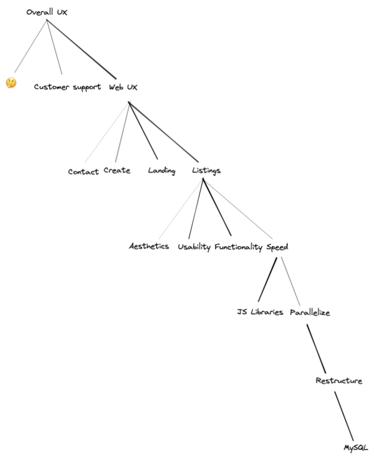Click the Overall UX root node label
pyautogui.click(x=47, y=12)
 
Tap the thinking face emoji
pyautogui.click(x=11, y=83)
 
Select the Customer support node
pyautogui.click(x=67, y=87)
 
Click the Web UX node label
pyautogui.click(x=123, y=87)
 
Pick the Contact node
pyautogui.click(x=84, y=172)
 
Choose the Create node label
pyautogui.click(x=117, y=171)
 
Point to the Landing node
pyautogui.click(x=161, y=171)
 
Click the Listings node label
pyautogui.click(x=206, y=171)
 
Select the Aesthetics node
pyautogui.click(x=149, y=247)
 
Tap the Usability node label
pyautogui.click(x=194, y=247)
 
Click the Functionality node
pyautogui.click(x=239, y=247)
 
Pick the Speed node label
pyautogui.click(x=277, y=247)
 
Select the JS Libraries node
pyautogui.click(x=260, y=312)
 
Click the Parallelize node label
pyautogui.click(x=310, y=312)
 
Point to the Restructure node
pyautogui.click(x=338, y=381)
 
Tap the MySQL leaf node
pyautogui.click(x=357, y=447)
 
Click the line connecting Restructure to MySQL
pyautogui.click(x=345, y=417)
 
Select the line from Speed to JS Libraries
pyautogui.click(x=267, y=278)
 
